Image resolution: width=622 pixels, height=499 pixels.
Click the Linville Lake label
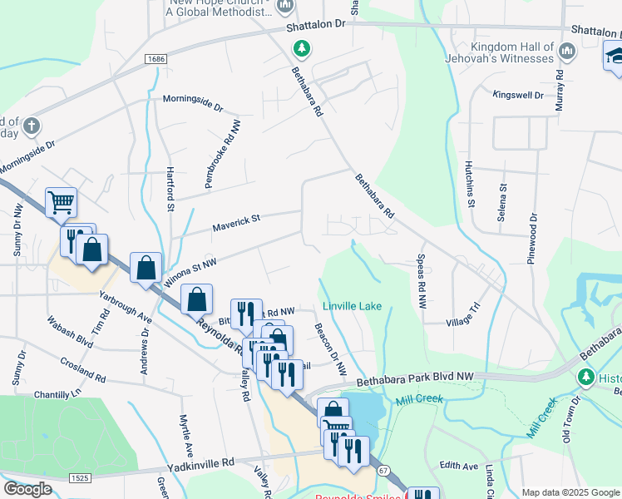tap(352, 306)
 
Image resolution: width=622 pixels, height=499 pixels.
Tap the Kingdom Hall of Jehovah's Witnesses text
tap(511, 52)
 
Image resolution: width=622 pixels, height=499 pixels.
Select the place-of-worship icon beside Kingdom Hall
tap(568, 52)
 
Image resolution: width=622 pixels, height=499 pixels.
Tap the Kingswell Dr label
tap(517, 96)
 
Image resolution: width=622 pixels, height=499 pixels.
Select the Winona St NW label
tap(190, 272)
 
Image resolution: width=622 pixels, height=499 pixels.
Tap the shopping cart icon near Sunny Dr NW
tap(61, 200)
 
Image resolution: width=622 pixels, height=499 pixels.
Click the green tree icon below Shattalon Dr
tap(301, 49)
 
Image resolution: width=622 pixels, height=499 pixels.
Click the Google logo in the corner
tap(27, 489)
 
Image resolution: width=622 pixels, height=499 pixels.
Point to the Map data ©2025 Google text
tap(570, 492)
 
